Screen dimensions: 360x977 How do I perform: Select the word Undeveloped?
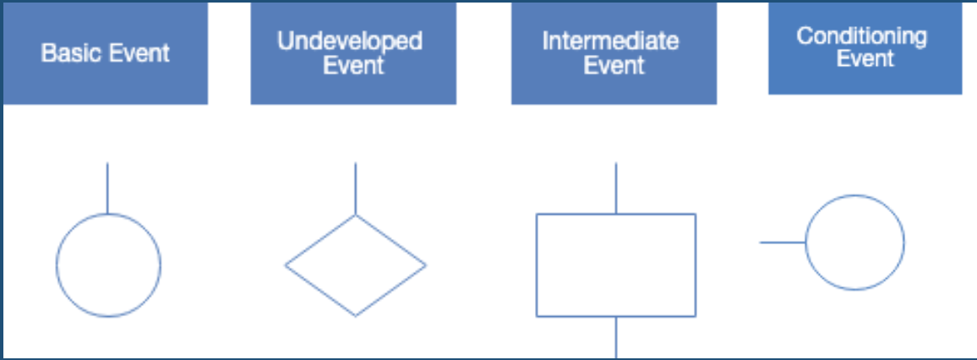350,41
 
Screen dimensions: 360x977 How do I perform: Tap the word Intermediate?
610,41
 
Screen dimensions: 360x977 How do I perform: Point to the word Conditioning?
861,36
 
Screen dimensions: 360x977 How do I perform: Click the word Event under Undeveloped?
353,65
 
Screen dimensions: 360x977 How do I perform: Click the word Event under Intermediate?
614,65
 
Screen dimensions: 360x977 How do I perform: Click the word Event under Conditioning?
865,59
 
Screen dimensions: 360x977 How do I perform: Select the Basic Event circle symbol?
108,265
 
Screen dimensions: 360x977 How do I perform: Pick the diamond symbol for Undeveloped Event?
355,265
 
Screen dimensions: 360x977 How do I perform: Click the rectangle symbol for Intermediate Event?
616,265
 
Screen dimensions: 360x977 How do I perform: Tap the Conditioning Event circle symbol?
854,243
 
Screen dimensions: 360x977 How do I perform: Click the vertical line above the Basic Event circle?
107,188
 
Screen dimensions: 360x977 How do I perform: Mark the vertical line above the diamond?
355,188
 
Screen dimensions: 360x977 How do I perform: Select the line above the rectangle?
616,188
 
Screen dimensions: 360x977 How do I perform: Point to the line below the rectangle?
616,337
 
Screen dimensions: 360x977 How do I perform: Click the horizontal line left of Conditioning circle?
783,243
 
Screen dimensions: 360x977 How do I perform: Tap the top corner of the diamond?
355,215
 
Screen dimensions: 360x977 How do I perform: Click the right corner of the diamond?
425,265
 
